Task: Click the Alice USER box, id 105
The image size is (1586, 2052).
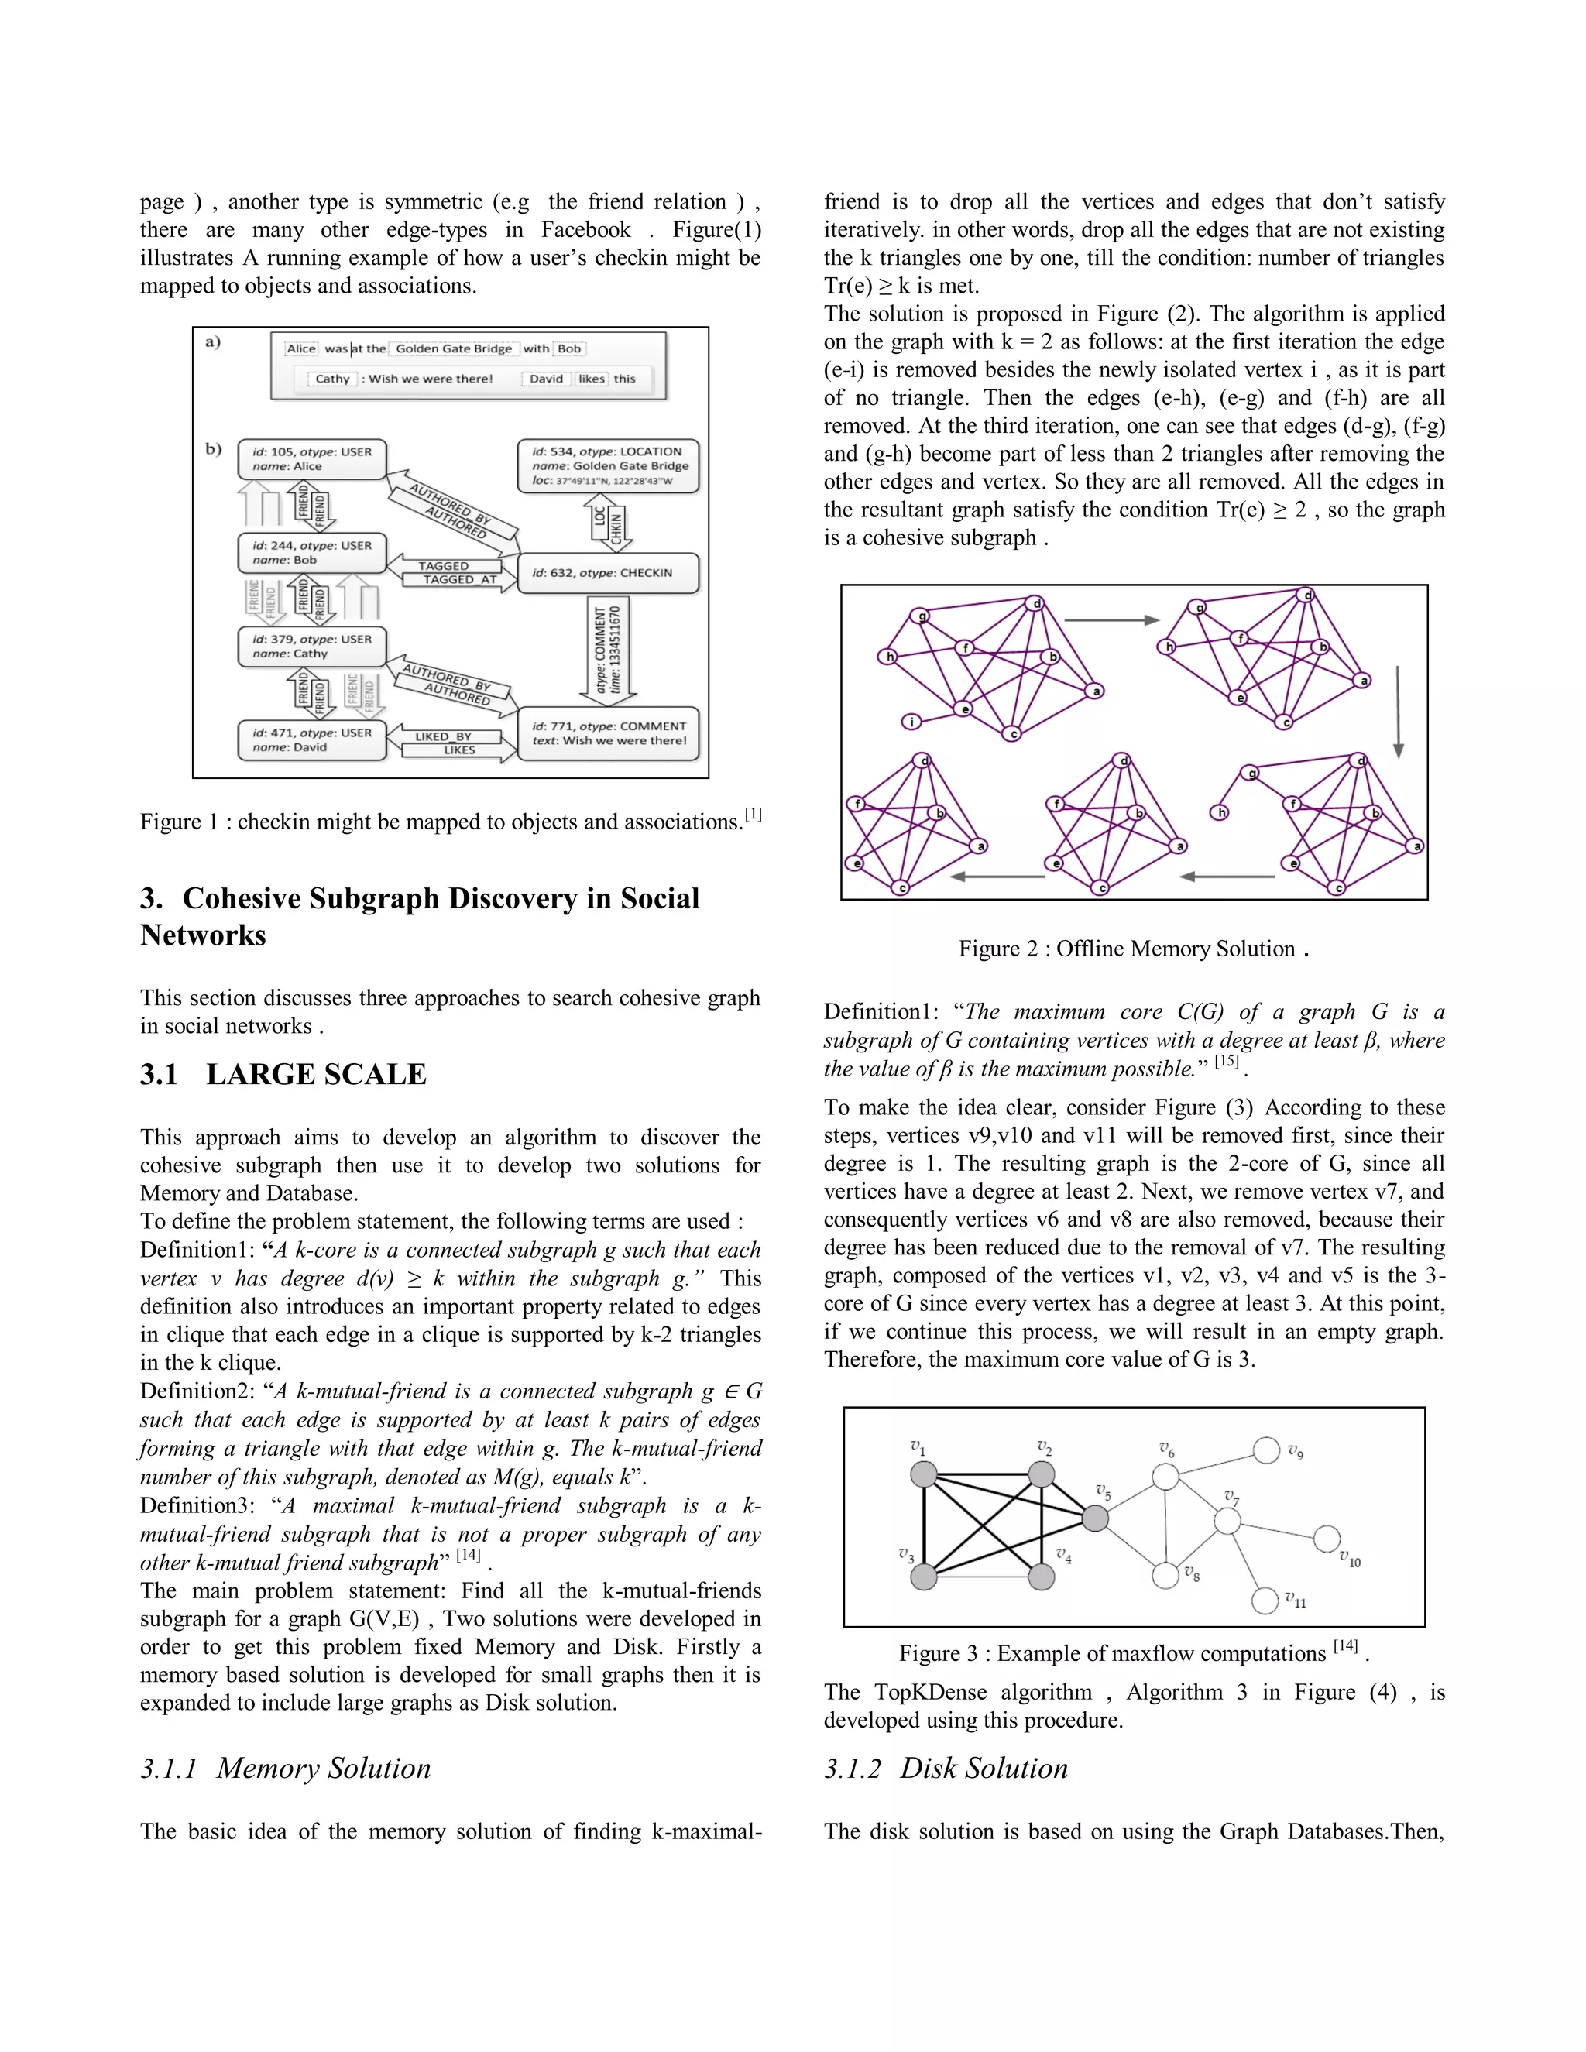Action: coord(312,459)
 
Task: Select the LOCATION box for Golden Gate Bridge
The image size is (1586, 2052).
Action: coord(609,466)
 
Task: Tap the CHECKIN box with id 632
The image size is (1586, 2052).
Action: coord(609,573)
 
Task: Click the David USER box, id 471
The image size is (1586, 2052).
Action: coord(312,740)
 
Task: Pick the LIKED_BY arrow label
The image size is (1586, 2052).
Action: coord(444,736)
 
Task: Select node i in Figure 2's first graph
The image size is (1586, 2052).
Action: coord(911,722)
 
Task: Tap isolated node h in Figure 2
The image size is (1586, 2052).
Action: coord(1220,812)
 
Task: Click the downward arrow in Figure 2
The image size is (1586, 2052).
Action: coord(1398,712)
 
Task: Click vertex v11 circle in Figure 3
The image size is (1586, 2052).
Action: coord(1265,1600)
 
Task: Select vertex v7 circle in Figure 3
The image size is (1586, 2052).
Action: coord(1227,1521)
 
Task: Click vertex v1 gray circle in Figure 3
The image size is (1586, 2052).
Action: coord(924,1474)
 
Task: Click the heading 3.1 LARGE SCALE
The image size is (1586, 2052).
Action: coord(283,1074)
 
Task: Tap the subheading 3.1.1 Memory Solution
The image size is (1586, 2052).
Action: coord(286,1769)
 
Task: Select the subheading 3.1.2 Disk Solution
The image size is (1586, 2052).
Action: coord(946,1769)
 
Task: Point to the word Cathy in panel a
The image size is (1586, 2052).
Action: coord(331,379)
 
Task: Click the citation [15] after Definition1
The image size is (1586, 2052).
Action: coord(1226,1062)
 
